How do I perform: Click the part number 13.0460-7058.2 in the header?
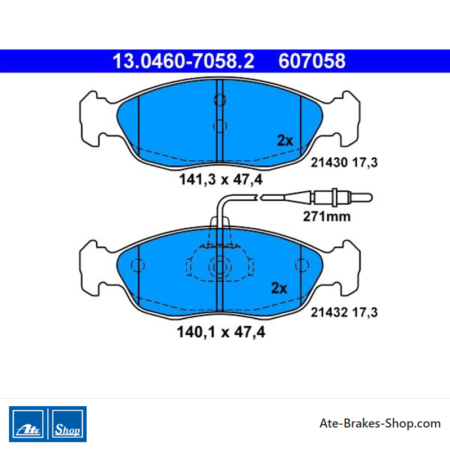(183, 61)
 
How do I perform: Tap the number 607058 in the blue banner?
(312, 61)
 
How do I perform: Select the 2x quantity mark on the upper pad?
(285, 140)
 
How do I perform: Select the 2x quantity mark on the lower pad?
(279, 288)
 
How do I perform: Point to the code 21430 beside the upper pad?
(329, 163)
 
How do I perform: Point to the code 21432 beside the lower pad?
(329, 312)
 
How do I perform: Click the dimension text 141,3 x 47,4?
(220, 180)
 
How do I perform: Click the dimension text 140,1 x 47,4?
(221, 332)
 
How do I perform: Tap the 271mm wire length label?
(327, 217)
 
